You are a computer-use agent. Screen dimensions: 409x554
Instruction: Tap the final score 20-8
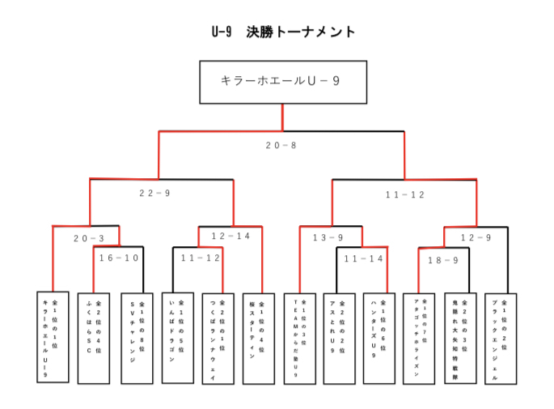coord(281,146)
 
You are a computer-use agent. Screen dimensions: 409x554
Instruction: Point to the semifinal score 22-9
coord(154,193)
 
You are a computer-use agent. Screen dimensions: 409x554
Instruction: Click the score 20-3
coord(89,238)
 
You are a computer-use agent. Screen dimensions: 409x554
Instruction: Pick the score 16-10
coord(119,258)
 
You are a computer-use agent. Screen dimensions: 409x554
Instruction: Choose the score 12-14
coord(230,236)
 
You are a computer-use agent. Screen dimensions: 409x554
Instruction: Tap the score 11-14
coord(363,258)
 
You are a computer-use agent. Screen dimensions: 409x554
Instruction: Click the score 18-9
coord(443,260)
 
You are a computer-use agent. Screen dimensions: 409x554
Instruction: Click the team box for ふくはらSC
coord(93,337)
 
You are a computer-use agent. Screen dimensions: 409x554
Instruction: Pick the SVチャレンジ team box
coord(136,337)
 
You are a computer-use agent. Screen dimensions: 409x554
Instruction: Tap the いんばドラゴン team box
coord(178,337)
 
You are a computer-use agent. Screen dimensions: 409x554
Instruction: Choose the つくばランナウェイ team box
coord(218,337)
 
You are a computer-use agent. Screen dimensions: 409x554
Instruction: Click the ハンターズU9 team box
coord(378,337)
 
